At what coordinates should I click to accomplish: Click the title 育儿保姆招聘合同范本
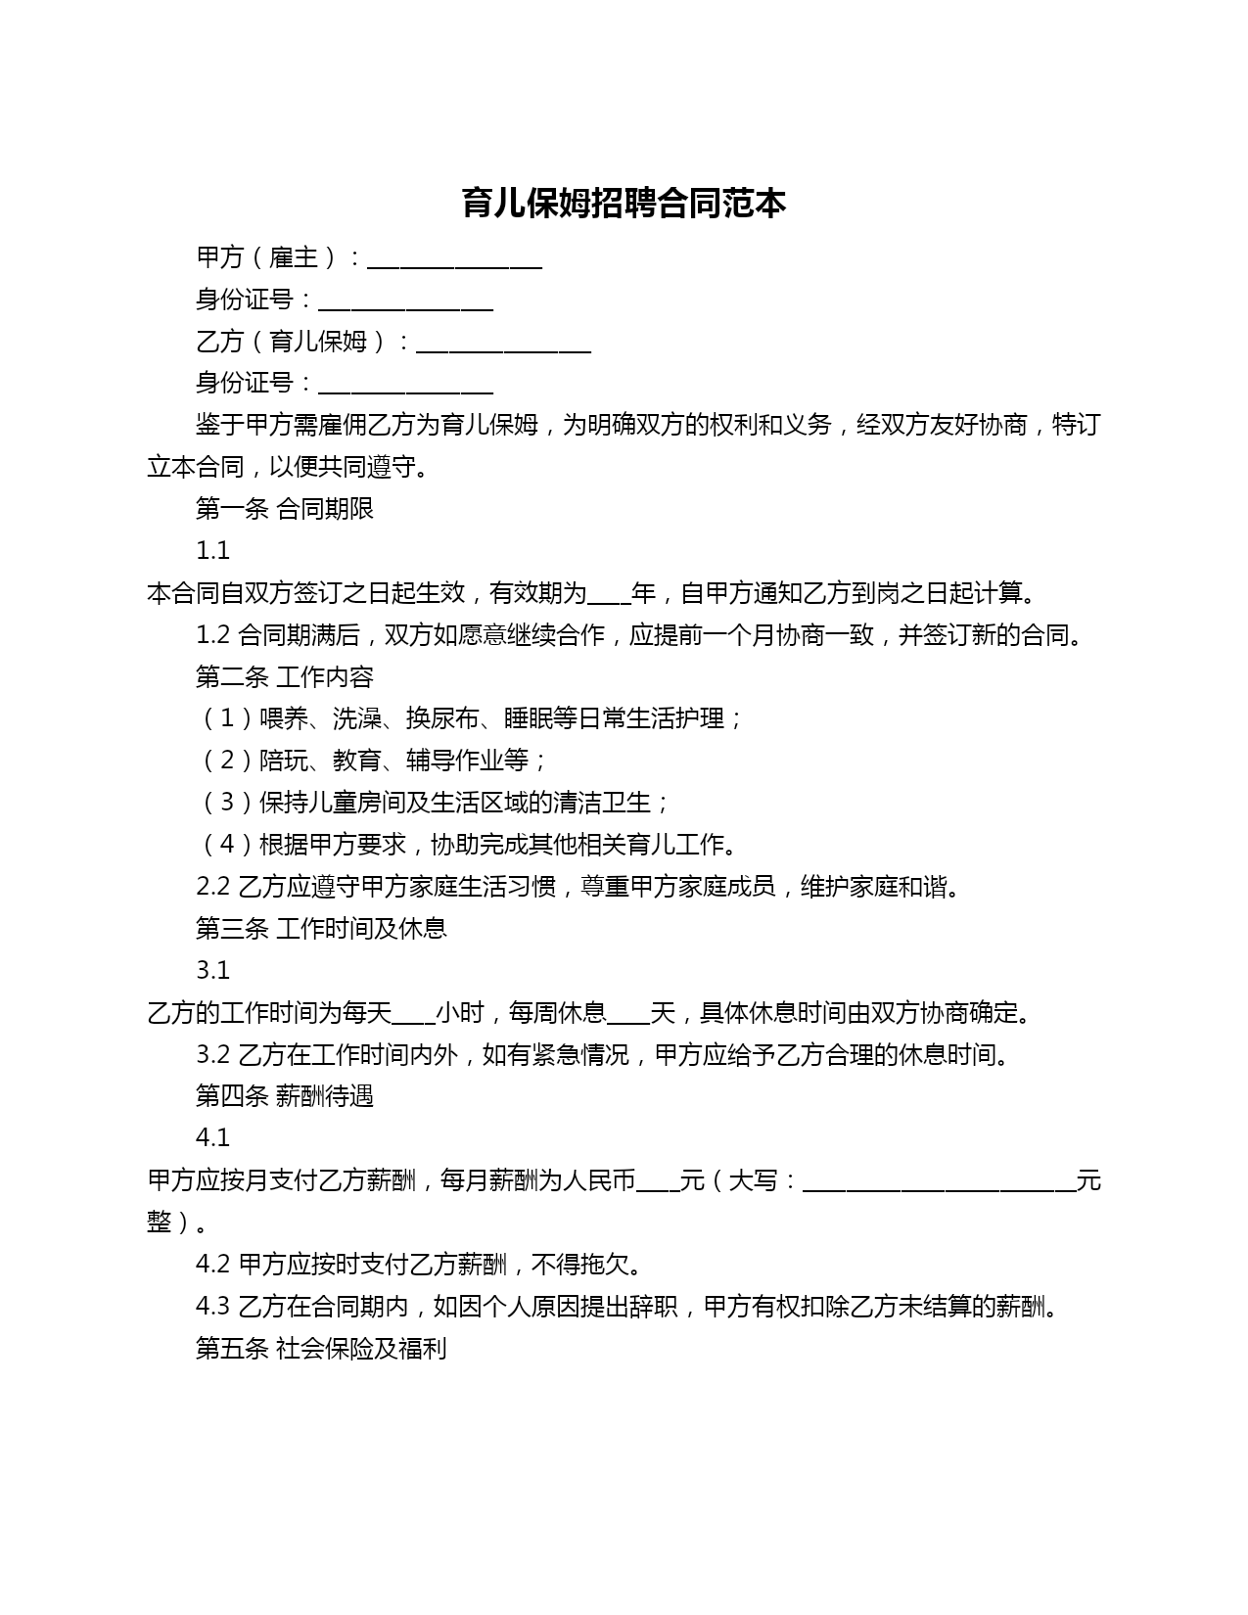(x=624, y=204)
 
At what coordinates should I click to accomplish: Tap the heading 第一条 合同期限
(x=284, y=509)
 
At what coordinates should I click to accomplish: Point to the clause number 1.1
(x=212, y=551)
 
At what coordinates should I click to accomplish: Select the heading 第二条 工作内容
(x=284, y=677)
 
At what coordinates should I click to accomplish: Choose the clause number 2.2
(x=212, y=887)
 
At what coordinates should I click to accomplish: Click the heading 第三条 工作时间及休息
(x=321, y=929)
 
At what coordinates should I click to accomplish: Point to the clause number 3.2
(x=212, y=1055)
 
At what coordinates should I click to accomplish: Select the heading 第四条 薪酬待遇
(x=284, y=1096)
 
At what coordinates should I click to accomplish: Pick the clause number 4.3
(x=212, y=1307)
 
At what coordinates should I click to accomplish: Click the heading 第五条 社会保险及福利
(x=321, y=1349)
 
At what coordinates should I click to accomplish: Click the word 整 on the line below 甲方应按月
(x=160, y=1223)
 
